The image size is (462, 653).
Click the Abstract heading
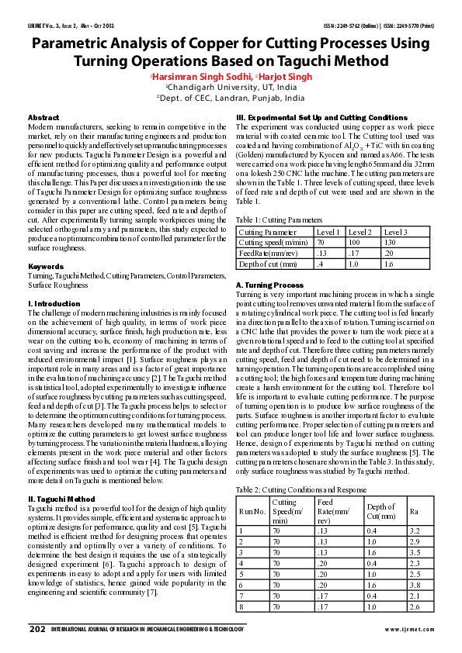[x=43, y=116]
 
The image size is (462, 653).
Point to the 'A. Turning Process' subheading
[x=269, y=285]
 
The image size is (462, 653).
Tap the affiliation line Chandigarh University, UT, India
[x=231, y=88]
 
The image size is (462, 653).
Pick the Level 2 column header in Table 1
[x=361, y=231]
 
